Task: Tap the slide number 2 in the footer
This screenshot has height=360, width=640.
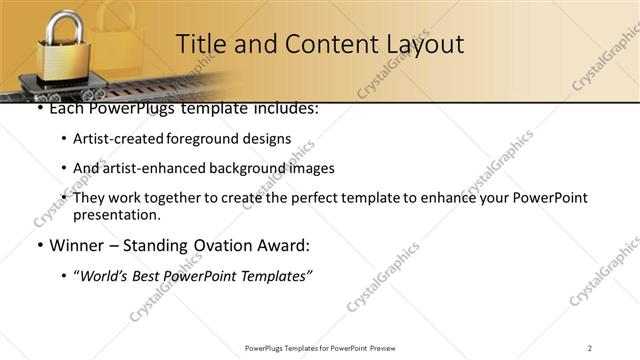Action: pos(590,347)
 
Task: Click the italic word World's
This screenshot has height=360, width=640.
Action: pos(106,275)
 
